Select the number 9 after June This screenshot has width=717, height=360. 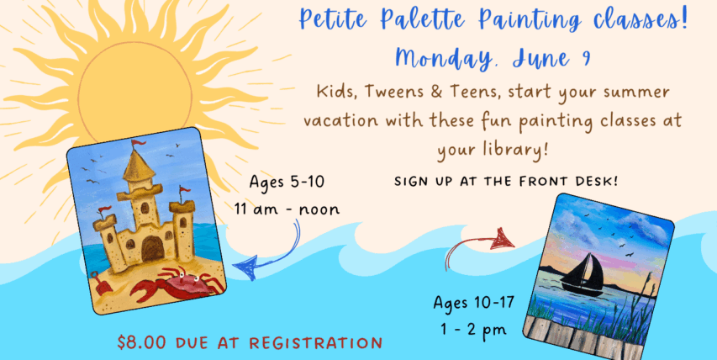tap(585, 60)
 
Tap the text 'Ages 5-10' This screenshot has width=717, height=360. tap(287, 182)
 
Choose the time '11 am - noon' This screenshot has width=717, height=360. tap(287, 209)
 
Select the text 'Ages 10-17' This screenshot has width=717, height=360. tap(474, 302)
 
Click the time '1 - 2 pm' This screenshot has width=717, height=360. tap(474, 330)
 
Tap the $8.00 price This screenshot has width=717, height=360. tap(142, 342)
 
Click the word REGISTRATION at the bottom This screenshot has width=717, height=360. tap(315, 343)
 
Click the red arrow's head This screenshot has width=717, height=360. tap(503, 238)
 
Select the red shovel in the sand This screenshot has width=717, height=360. tap(101, 283)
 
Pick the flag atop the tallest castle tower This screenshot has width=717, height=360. tap(137, 144)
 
